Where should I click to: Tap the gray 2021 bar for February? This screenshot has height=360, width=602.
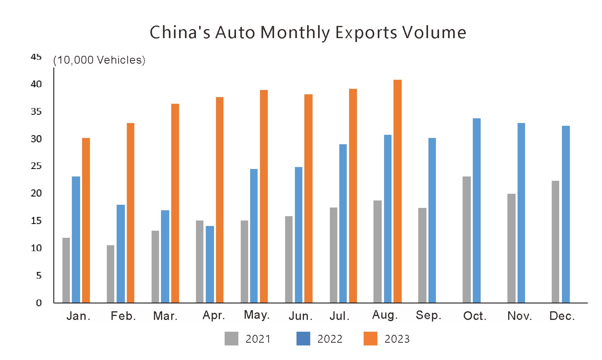(110, 274)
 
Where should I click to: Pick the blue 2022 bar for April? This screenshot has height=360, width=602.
(210, 264)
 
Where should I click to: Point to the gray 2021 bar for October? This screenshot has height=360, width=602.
(467, 239)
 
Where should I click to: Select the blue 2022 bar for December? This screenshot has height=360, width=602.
(565, 214)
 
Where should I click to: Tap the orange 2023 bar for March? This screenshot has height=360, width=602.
(175, 203)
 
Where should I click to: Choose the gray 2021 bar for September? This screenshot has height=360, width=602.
(422, 255)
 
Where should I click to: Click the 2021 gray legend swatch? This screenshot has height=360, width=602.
(231, 338)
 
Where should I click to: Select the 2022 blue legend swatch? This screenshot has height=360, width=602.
(303, 338)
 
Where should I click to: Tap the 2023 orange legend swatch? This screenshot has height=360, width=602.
(370, 338)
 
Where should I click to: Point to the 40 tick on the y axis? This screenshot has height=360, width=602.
(36, 84)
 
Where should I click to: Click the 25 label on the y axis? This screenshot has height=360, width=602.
(36, 166)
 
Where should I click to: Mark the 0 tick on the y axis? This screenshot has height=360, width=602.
(38, 303)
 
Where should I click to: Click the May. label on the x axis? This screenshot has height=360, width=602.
(256, 315)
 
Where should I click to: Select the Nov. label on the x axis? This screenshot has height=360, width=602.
(520, 316)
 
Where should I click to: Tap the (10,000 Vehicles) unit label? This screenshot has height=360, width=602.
(99, 60)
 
